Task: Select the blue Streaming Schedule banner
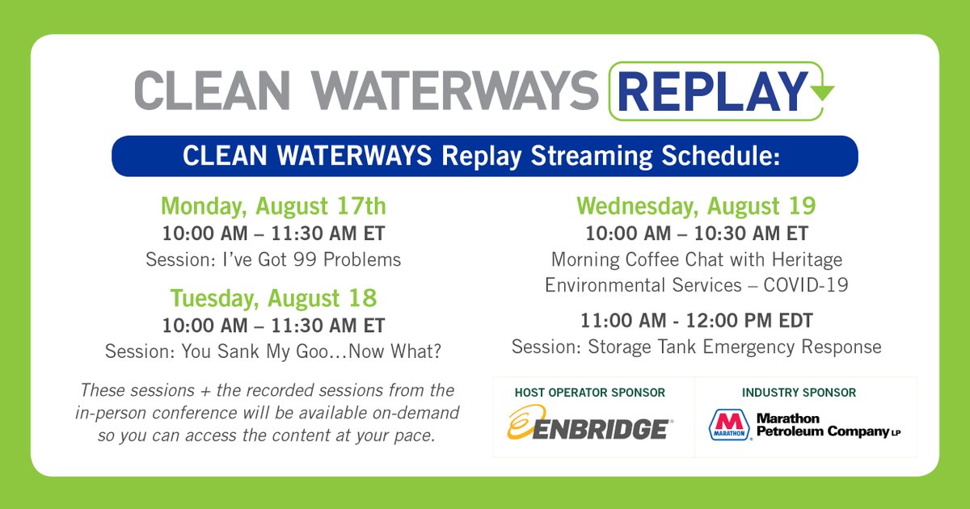[x=484, y=156]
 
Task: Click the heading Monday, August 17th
[x=273, y=206]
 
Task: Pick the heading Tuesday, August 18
[x=273, y=298]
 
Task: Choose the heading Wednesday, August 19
[x=696, y=206]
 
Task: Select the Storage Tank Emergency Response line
[x=696, y=347]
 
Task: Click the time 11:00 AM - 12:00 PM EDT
[x=696, y=321]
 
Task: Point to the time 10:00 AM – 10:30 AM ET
[x=696, y=233]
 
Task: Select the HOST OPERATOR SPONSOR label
[x=589, y=393]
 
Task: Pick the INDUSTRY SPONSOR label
[x=799, y=393]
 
